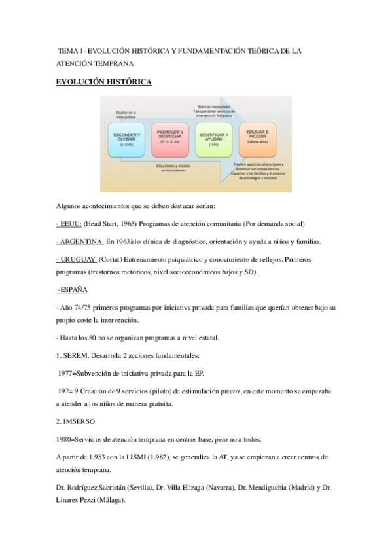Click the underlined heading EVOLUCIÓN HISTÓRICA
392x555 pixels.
[x=104, y=82]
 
